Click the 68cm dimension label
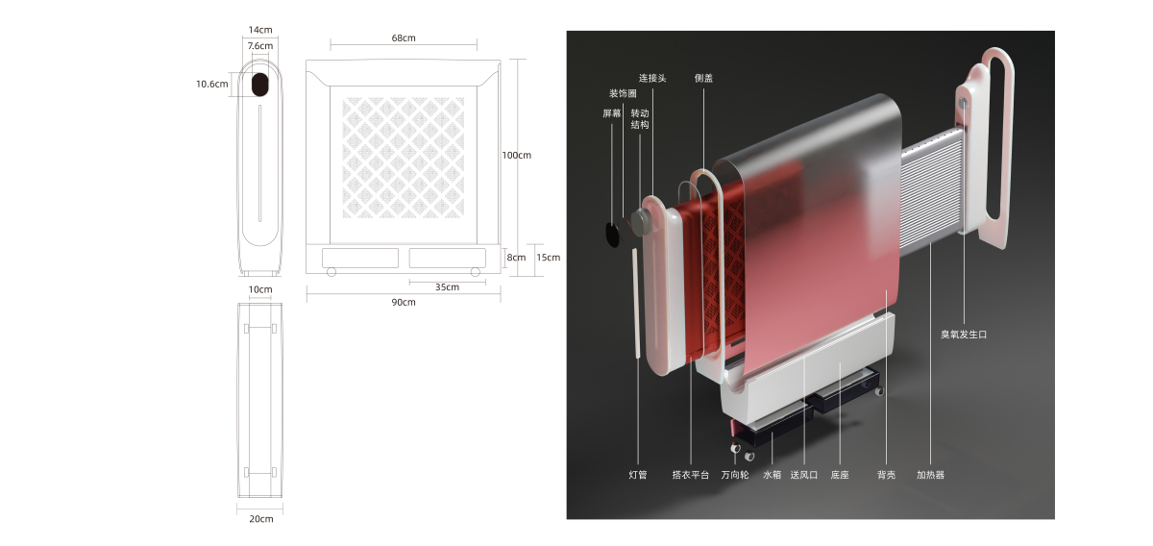(x=403, y=38)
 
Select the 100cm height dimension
(x=516, y=155)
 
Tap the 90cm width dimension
(x=403, y=303)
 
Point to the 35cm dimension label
(x=447, y=286)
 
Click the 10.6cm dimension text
(x=211, y=84)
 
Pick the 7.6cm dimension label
(x=259, y=46)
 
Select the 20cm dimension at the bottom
(x=260, y=519)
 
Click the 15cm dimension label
(x=548, y=258)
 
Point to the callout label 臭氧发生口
(x=964, y=335)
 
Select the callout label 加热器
(x=930, y=475)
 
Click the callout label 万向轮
(x=735, y=475)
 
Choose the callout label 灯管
(x=638, y=475)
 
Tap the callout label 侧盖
(x=703, y=79)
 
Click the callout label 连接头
(x=652, y=79)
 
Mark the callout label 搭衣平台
(x=690, y=475)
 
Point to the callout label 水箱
(x=773, y=475)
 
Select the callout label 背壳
(x=886, y=475)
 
